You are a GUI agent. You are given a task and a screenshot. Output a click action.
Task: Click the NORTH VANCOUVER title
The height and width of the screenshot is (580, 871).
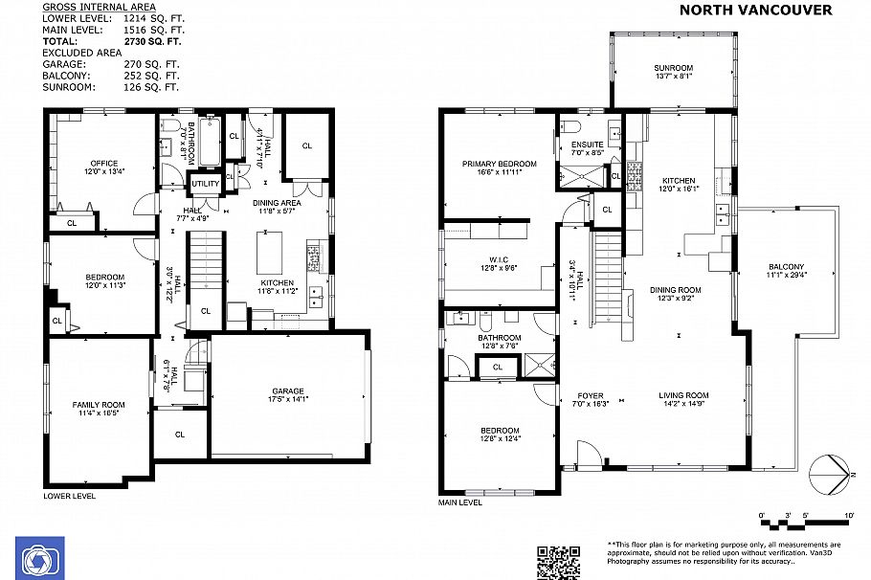pyautogui.click(x=755, y=11)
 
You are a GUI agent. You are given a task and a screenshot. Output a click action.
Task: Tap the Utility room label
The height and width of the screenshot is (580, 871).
pyautogui.click(x=205, y=184)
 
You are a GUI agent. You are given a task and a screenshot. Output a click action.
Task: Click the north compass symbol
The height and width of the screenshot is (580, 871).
pyautogui.click(x=829, y=474)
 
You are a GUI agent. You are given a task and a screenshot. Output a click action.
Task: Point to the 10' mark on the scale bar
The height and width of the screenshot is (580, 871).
pyautogui.click(x=849, y=516)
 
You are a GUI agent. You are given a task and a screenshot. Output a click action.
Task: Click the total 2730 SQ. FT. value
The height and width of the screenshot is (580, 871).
pyautogui.click(x=152, y=41)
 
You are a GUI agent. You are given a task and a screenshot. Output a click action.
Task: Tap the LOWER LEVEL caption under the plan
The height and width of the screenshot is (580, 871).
pyautogui.click(x=69, y=496)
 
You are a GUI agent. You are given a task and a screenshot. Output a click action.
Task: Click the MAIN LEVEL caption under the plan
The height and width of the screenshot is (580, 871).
pyautogui.click(x=459, y=502)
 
